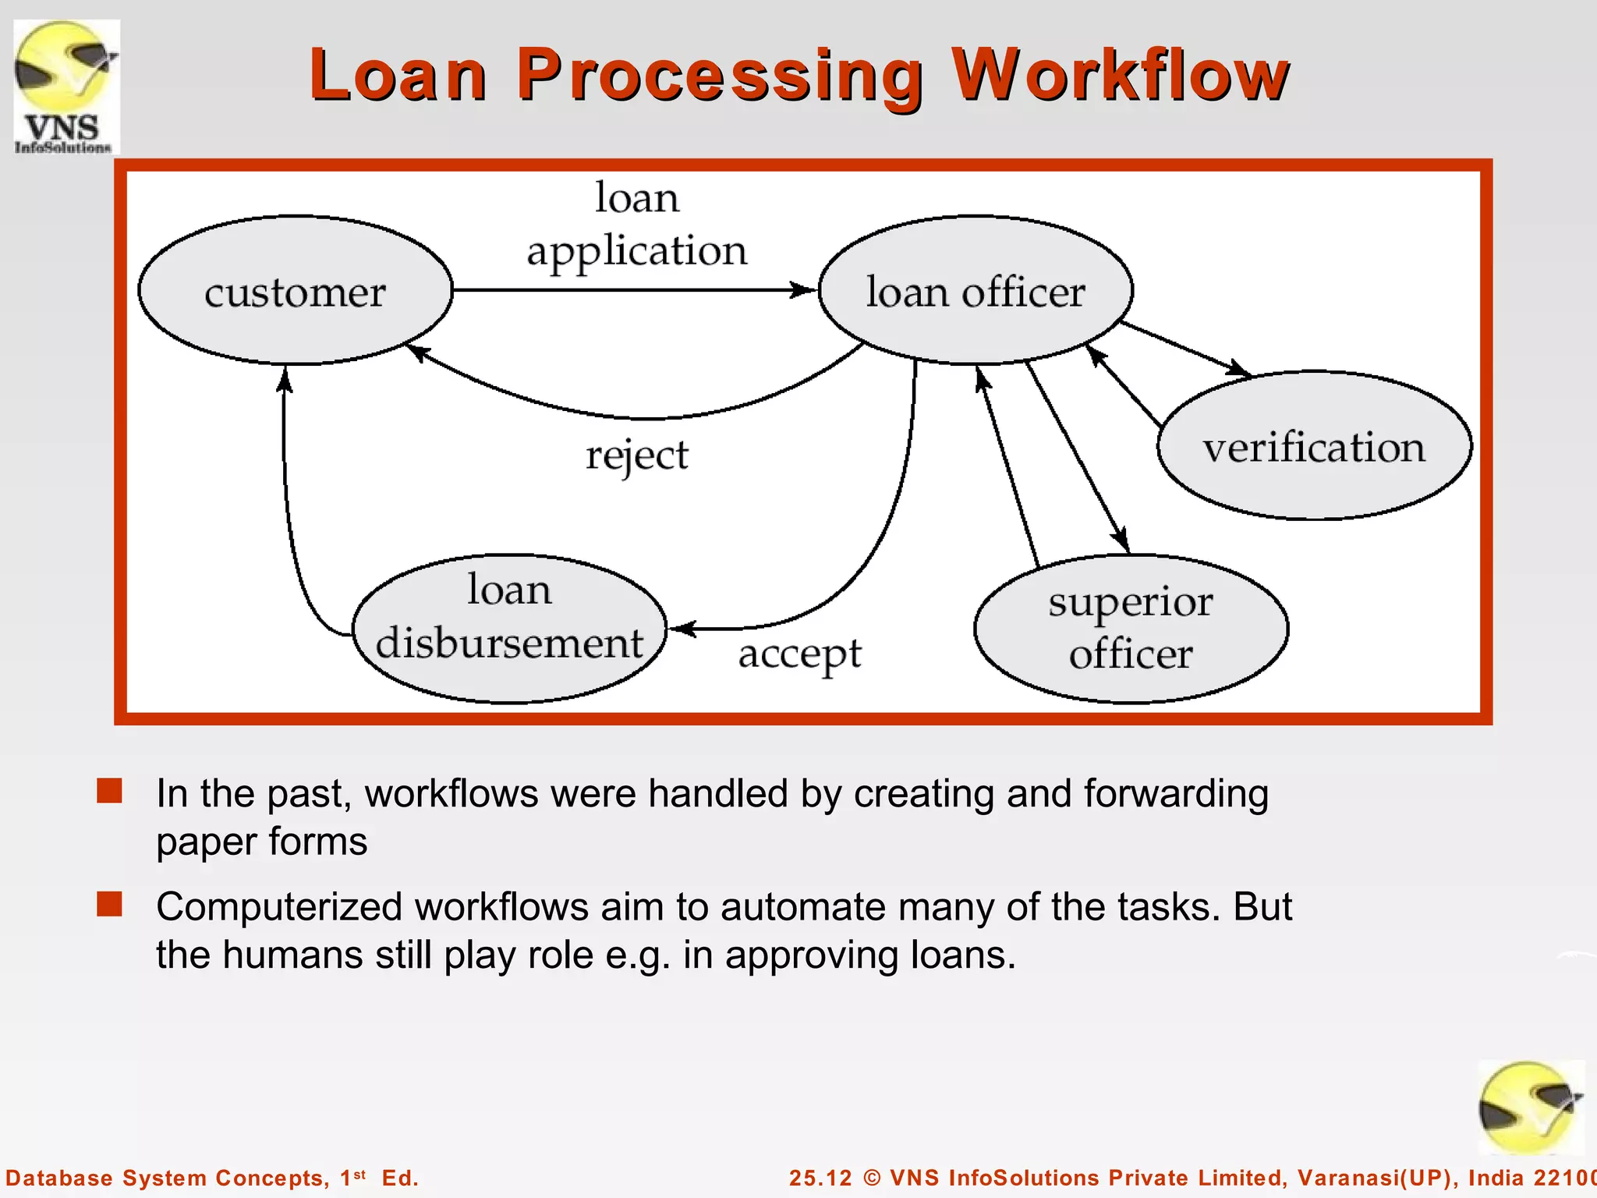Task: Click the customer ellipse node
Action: pos(296,291)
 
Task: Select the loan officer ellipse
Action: pos(976,291)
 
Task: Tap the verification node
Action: pos(1314,446)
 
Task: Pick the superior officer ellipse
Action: pos(1131,628)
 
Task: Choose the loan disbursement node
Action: pos(509,628)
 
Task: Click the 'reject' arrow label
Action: pos(636,455)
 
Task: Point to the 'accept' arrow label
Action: pos(799,654)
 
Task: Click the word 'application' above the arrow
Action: pos(636,251)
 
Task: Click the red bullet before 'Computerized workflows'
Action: pos(109,904)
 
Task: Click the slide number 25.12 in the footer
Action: pos(820,1178)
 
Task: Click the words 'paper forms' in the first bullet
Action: pos(261,842)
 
